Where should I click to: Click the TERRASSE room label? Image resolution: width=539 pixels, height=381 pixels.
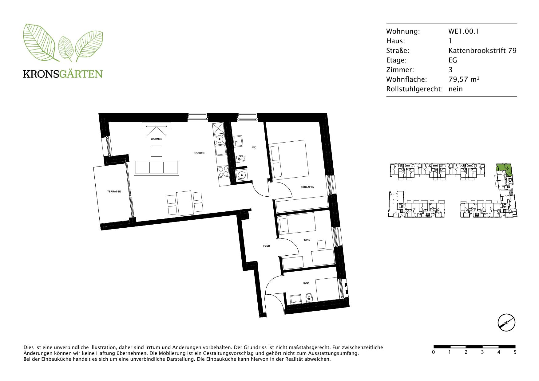coord(114,191)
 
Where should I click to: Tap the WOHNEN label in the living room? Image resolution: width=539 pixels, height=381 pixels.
coord(157,139)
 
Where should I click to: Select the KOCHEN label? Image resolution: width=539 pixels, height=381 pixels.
coord(199,153)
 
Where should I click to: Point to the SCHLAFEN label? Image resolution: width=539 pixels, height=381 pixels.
coord(307,187)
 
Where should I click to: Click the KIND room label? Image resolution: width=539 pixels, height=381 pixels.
coord(307,240)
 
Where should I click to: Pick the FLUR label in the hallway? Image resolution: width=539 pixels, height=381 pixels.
coord(267,246)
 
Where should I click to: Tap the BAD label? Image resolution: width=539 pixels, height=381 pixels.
coord(306,283)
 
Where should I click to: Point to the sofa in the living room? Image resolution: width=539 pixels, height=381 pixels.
coord(156,168)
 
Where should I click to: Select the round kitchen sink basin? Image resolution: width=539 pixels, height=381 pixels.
coord(220,139)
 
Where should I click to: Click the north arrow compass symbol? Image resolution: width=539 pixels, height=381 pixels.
coord(506,323)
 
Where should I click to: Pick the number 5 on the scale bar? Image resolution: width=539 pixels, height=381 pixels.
coord(515,352)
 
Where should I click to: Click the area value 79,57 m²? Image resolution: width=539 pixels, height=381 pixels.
coord(464,79)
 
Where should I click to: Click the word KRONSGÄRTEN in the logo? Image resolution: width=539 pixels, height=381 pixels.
coord(63,74)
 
